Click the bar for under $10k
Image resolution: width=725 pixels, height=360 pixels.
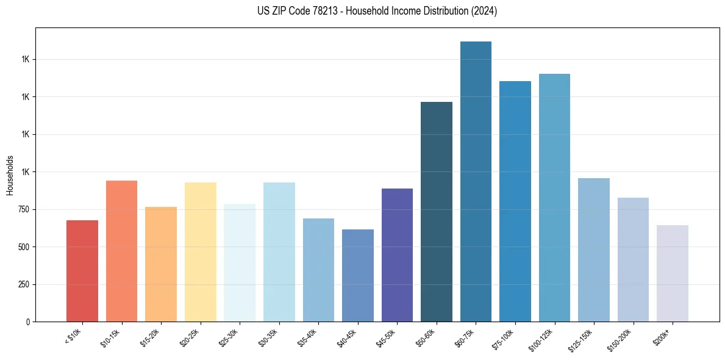[x=82, y=271]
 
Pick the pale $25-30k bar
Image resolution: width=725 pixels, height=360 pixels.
[x=240, y=262]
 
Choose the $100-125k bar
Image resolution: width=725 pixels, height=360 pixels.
[x=554, y=198]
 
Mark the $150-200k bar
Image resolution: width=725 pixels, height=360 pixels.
[x=633, y=259]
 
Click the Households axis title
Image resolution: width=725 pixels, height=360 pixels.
[x=10, y=175]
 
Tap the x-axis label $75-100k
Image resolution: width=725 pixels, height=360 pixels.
[x=504, y=337]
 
